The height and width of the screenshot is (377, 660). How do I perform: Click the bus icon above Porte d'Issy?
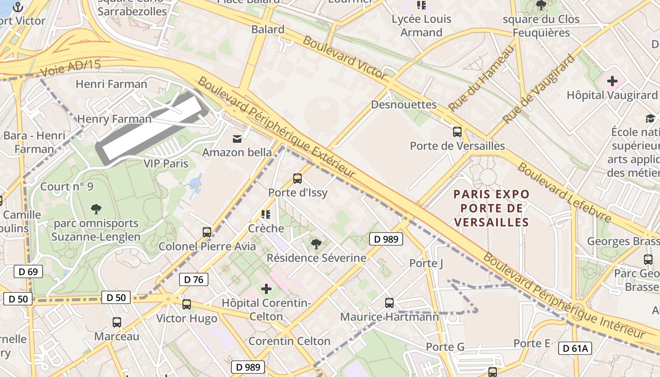pos(297,179)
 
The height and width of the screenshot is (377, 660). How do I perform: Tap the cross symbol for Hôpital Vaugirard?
pos(612,82)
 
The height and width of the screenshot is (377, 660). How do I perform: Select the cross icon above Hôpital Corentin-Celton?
pos(266,288)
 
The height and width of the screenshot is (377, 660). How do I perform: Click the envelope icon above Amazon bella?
pos(237,139)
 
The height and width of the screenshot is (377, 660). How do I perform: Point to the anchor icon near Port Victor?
pos(18,7)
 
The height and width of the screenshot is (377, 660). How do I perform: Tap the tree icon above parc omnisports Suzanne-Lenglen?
pos(96,208)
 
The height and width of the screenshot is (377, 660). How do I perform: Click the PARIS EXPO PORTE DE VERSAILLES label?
pos(491,208)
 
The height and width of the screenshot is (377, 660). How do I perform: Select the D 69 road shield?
pos(28,271)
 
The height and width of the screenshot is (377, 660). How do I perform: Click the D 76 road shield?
pos(193,279)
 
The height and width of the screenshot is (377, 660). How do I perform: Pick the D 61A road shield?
pos(575,348)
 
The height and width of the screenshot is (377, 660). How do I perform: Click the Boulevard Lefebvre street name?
pos(564,192)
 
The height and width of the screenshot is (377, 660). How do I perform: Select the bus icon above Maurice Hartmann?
pos(389,303)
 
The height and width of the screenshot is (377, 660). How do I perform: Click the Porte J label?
pos(426,263)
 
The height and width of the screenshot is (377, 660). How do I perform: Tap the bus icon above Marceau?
pos(116,322)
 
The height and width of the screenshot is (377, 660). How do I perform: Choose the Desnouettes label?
pos(404,105)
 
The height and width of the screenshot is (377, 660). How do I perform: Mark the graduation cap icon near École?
pos(650,118)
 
